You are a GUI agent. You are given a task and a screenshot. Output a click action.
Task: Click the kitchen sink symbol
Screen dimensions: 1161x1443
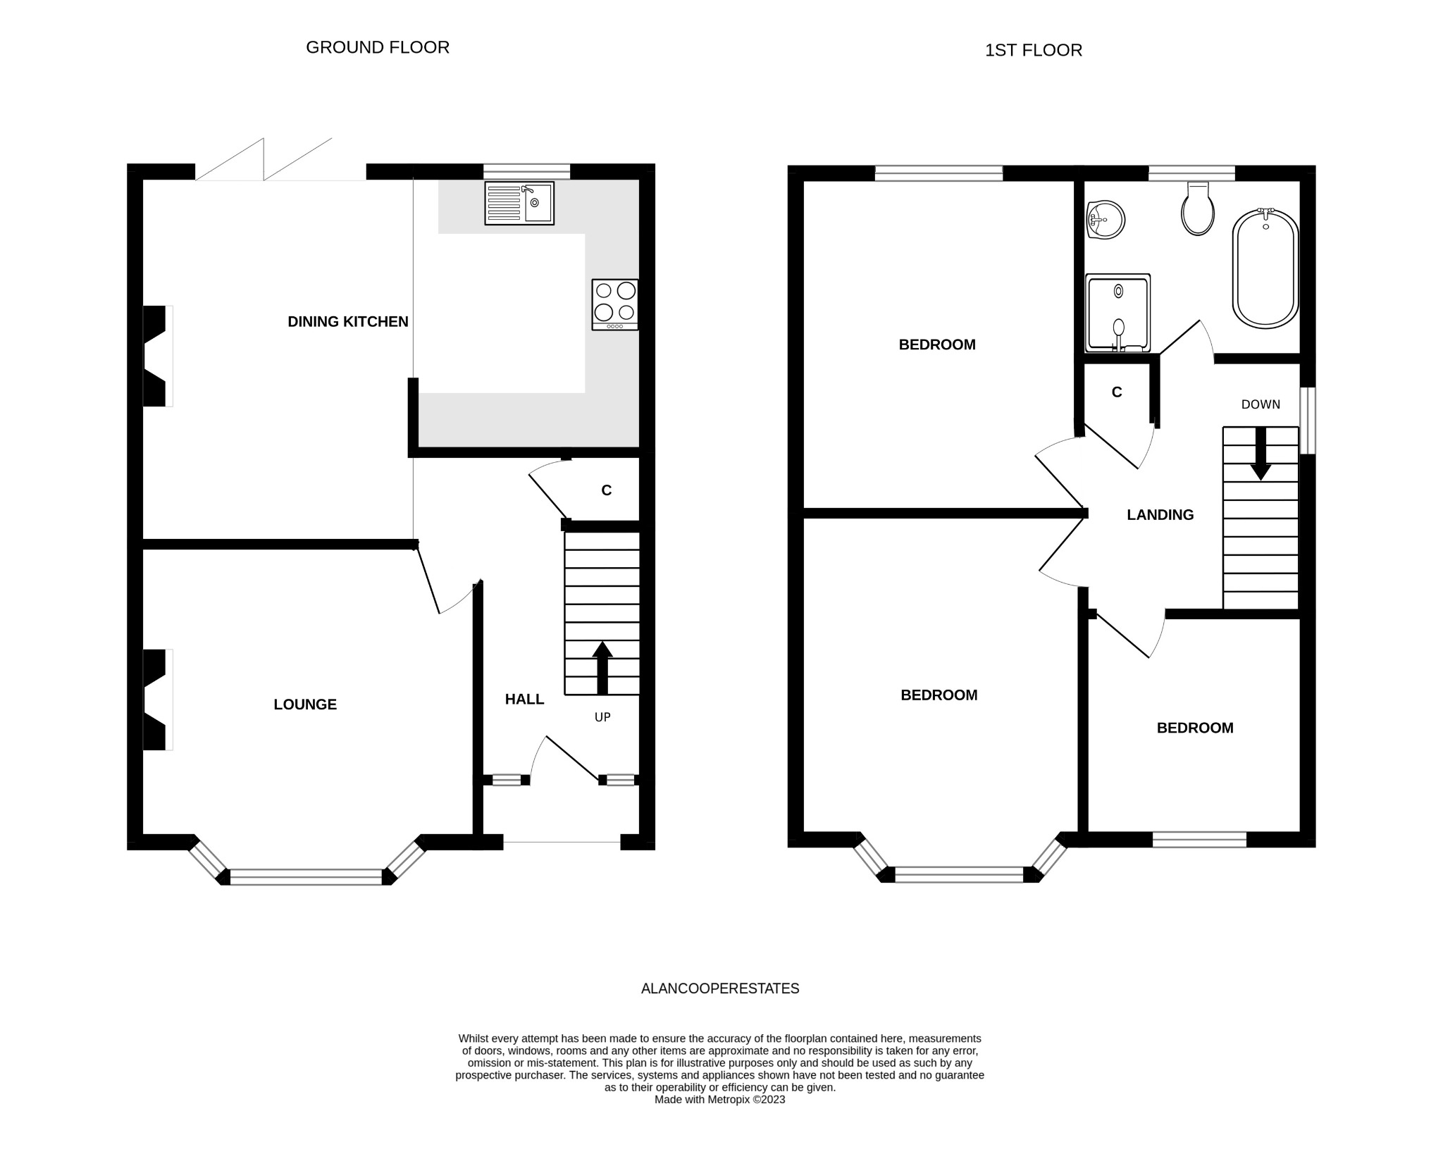[519, 204]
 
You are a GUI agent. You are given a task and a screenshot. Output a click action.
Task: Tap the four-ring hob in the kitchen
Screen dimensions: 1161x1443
[615, 304]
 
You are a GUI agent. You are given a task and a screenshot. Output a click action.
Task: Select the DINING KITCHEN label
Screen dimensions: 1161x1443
[347, 322]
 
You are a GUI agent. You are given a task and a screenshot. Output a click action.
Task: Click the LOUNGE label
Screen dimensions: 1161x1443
[305, 704]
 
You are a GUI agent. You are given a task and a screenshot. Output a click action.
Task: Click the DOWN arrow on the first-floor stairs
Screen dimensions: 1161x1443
[1261, 454]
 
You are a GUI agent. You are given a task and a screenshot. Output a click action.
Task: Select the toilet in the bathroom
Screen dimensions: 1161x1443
[1198, 209]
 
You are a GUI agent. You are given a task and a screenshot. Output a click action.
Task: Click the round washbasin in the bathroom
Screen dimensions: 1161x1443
[1105, 221]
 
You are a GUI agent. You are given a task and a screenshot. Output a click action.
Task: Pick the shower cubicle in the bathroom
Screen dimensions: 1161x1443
[1118, 313]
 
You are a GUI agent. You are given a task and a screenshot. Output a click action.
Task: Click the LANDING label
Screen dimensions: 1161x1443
[1160, 515]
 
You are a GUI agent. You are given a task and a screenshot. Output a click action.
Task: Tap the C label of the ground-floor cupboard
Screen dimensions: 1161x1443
[606, 491]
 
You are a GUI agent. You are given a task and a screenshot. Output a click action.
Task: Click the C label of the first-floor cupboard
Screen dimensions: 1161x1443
[1117, 392]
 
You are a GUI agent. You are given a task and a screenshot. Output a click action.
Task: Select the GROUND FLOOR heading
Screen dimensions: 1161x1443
[378, 47]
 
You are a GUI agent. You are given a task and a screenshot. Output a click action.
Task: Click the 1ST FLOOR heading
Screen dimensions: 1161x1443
[1033, 51]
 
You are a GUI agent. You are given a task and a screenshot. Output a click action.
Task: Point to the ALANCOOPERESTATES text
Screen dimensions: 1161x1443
[720, 988]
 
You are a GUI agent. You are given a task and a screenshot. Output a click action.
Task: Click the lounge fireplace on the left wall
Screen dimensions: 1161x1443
[156, 700]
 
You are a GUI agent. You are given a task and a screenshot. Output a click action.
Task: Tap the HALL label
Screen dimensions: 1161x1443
[524, 700]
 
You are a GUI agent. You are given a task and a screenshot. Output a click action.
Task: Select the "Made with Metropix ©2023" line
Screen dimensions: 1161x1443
[719, 1100]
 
